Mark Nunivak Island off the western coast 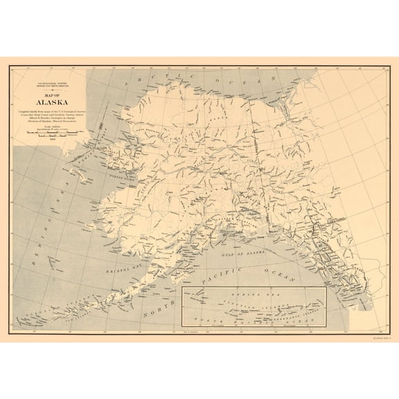tap(83, 236)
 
